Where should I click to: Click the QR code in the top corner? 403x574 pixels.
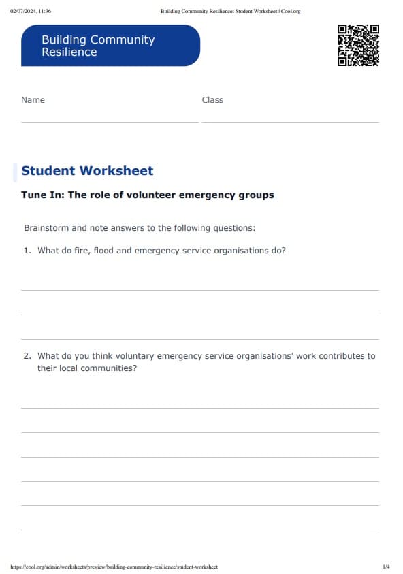pos(358,45)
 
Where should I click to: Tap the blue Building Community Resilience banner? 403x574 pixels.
pos(110,46)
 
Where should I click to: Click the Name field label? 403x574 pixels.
pos(33,100)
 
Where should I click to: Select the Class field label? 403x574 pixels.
pos(212,100)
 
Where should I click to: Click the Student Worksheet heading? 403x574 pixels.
pos(87,171)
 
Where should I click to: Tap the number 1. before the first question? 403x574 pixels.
pos(27,251)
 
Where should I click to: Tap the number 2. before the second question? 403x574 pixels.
pos(27,356)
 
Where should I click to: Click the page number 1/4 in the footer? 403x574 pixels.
pos(386,567)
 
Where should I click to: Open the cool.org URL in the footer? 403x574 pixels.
pos(114,567)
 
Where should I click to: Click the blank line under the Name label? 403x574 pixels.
pos(109,122)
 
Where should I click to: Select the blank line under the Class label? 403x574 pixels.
pos(290,122)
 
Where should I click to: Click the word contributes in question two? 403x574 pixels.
pos(340,356)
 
